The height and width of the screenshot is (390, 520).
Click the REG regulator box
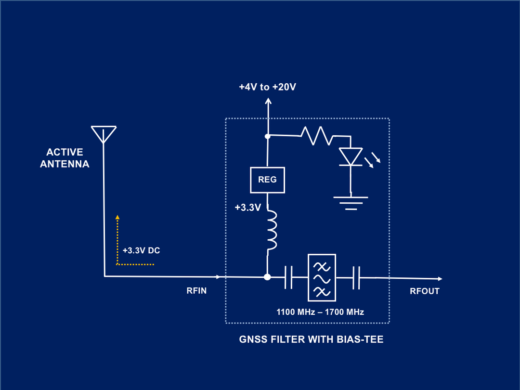[x=267, y=180]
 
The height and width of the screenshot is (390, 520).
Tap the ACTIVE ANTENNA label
[x=65, y=158]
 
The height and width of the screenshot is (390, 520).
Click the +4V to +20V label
[x=267, y=87]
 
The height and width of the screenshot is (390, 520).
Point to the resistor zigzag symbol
[x=316, y=136]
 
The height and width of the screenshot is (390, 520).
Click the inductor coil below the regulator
[x=272, y=230]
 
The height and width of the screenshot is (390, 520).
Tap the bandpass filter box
[x=321, y=277]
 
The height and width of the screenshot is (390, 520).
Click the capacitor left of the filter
[x=288, y=277]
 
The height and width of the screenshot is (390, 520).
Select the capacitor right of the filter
[x=356, y=277]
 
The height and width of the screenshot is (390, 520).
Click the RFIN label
[x=196, y=291]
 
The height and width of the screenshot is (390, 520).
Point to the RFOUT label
[x=425, y=291]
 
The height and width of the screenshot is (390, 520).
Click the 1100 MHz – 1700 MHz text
[x=320, y=312]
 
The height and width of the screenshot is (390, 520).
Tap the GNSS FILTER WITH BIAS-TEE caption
[x=311, y=339]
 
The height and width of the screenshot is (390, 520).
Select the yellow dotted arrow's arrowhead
[x=117, y=218]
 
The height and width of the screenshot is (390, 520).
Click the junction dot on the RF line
[x=267, y=277]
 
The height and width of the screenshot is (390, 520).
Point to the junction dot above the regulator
[x=267, y=137]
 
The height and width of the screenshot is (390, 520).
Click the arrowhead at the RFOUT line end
[x=440, y=278]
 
